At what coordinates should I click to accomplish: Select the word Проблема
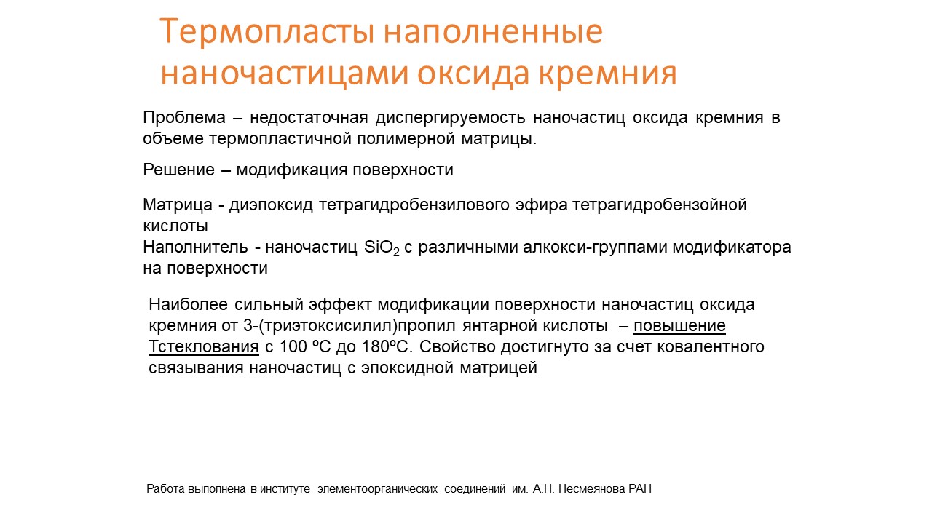click(184, 118)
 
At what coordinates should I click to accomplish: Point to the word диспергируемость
click(450, 119)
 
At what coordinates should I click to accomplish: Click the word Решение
click(179, 170)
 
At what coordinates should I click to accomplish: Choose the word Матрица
click(178, 205)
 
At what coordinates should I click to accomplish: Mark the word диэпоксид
click(271, 205)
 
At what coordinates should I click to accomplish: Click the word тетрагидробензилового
click(414, 205)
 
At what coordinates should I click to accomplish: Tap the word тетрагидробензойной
click(660, 205)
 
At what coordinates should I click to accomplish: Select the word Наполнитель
click(195, 247)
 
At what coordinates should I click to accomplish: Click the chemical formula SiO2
click(382, 248)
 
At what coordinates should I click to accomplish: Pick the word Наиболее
click(188, 305)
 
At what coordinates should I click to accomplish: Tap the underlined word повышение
click(679, 326)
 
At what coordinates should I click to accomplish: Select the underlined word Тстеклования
click(203, 347)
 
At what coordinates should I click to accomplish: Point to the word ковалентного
click(711, 347)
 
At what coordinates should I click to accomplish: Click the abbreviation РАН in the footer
click(640, 489)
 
